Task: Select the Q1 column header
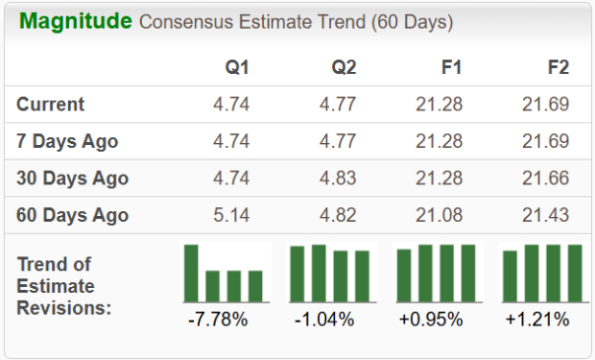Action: [x=236, y=68]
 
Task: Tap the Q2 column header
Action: [x=343, y=68]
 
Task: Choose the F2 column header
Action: [x=556, y=68]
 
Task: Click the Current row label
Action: [x=51, y=105]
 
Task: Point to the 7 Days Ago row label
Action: [x=67, y=141]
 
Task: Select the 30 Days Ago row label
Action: [x=72, y=179]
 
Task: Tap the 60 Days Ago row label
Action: [x=72, y=215]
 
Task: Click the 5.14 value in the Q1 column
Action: [x=230, y=215]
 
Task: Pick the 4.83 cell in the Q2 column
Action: [x=337, y=179]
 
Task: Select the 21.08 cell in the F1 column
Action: [x=439, y=215]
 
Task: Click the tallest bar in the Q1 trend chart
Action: [x=192, y=274]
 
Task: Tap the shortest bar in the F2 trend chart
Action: [x=511, y=276]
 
